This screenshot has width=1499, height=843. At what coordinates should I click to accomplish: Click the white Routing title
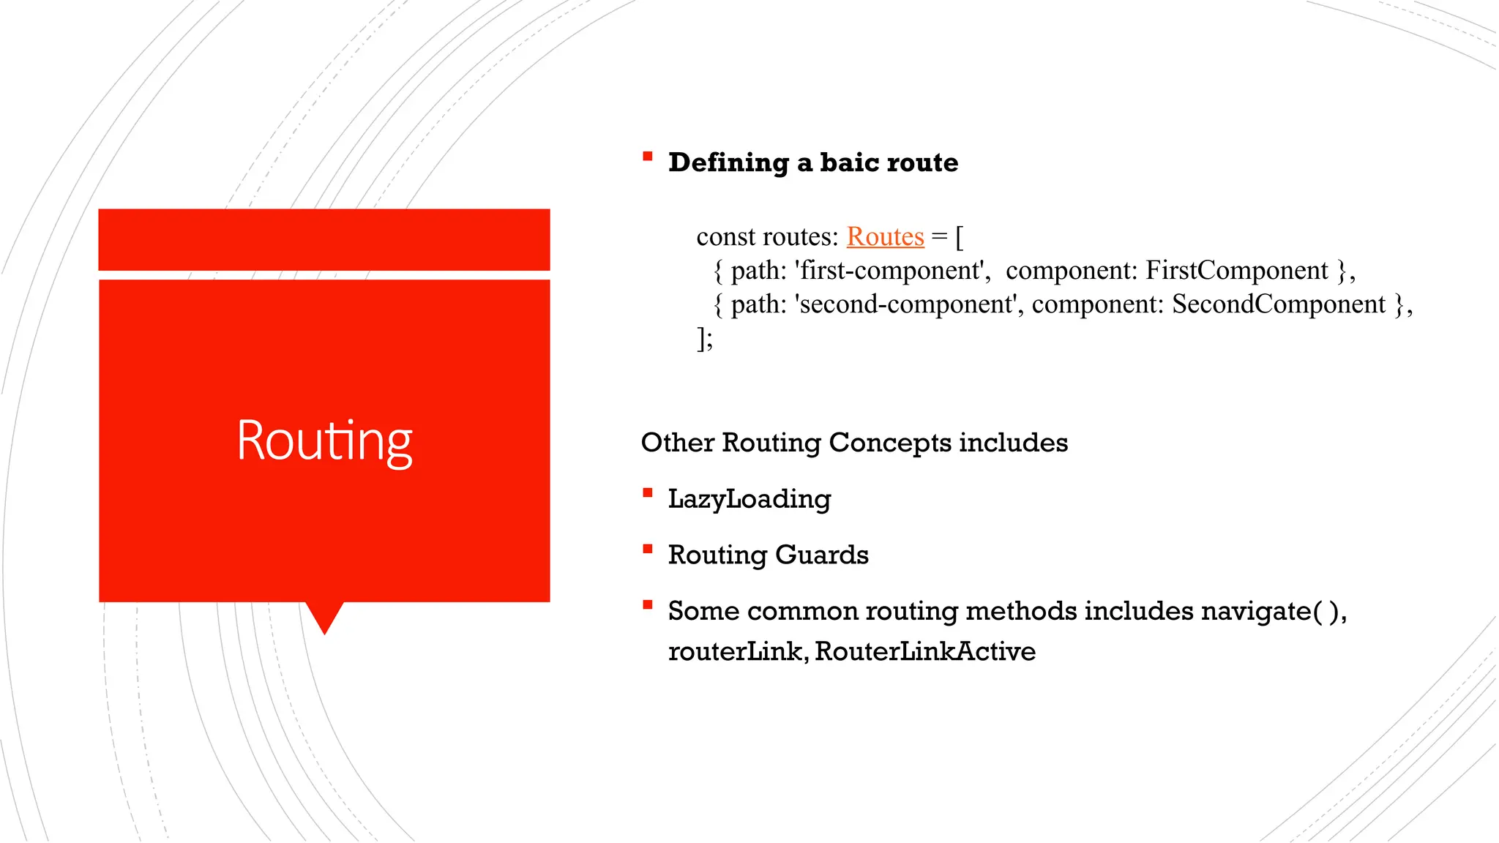point(324,441)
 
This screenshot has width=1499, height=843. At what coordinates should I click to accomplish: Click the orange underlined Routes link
point(885,237)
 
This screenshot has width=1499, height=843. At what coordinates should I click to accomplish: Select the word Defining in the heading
point(728,162)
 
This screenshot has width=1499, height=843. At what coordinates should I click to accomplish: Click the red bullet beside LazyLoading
point(647,493)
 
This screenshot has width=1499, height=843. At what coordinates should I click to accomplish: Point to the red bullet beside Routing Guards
point(647,549)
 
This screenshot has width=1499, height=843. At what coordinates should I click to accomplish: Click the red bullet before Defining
point(647,156)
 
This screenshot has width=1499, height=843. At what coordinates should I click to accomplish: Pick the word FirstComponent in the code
point(1236,271)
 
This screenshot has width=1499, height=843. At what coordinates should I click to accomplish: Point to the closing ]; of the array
point(704,339)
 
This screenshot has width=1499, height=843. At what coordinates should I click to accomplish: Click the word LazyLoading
point(749,500)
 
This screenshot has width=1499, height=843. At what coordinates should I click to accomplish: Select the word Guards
point(821,555)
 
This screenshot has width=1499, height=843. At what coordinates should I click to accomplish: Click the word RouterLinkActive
point(924,651)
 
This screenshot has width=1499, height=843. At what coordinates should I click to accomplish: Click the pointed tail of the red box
point(324,618)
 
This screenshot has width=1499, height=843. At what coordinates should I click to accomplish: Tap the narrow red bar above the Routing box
point(324,239)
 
